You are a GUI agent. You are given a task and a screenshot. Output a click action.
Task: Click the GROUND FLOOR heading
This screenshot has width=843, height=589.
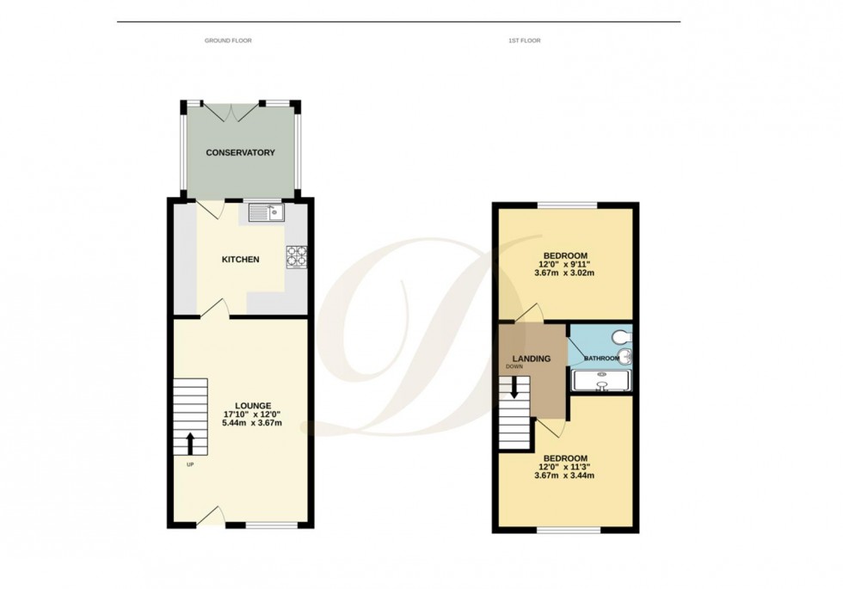point(228,40)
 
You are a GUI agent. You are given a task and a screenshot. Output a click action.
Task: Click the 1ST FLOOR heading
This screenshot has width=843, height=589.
point(525,40)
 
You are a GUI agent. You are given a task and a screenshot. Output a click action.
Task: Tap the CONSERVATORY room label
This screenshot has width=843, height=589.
point(240,153)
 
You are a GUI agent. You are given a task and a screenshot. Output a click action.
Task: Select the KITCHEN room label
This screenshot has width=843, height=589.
point(241,260)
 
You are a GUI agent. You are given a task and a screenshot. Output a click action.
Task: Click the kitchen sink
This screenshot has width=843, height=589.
point(267,212)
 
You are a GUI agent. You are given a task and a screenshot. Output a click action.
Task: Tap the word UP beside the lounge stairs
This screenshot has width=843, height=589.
point(190,465)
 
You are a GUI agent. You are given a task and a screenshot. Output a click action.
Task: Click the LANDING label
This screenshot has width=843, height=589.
point(532,359)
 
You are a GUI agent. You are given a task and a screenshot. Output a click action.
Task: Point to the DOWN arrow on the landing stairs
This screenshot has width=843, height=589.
point(514,388)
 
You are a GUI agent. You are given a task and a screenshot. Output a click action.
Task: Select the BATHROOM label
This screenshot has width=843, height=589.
point(601,357)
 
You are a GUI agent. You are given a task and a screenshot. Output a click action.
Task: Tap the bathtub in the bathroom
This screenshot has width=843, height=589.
point(603,381)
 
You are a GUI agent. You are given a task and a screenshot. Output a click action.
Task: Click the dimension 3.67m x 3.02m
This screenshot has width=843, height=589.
point(564,273)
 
